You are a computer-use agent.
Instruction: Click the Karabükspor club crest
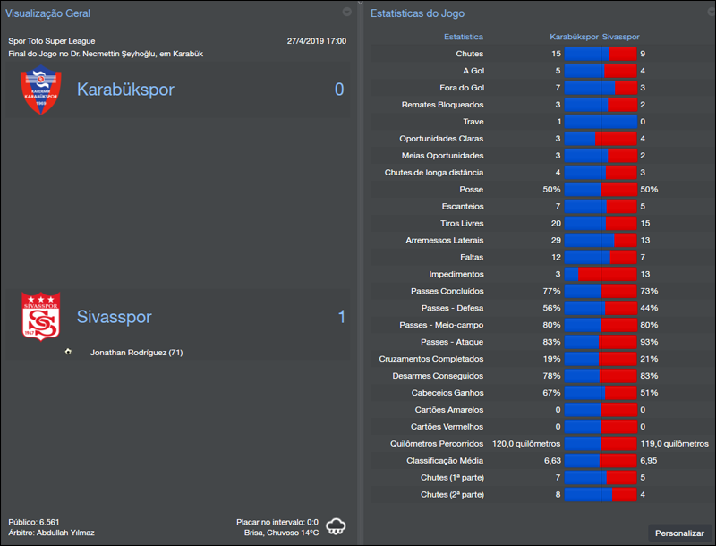click(40, 91)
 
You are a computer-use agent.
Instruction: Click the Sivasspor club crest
click(40, 317)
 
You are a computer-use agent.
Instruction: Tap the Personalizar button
click(679, 533)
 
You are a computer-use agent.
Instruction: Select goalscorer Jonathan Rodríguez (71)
click(136, 353)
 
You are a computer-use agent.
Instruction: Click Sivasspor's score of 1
click(340, 317)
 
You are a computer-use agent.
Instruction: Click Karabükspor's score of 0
click(339, 90)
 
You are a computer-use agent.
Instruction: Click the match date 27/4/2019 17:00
click(317, 41)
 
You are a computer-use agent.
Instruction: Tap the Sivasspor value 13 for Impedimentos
click(645, 274)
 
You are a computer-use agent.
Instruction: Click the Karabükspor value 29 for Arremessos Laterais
click(556, 240)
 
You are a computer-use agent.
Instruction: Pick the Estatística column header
click(464, 37)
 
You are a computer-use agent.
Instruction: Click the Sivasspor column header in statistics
click(620, 37)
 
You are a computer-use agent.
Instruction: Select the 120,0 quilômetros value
click(526, 443)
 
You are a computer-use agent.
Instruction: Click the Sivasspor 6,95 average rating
click(649, 460)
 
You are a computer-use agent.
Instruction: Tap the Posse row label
click(471, 189)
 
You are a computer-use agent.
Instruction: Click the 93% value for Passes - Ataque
click(648, 342)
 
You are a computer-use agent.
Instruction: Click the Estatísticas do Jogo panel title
click(417, 13)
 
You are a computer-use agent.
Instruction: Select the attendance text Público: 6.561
click(34, 521)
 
